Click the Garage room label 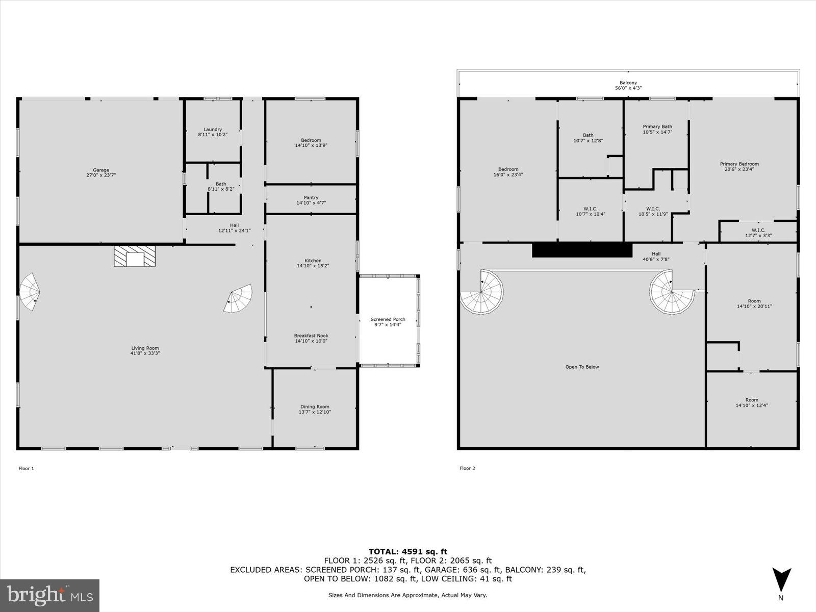tap(101, 170)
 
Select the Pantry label tap(311, 198)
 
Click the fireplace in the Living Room tap(135, 256)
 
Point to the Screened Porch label tap(388, 320)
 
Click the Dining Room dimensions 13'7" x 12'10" tap(315, 412)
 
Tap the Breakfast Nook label tap(311, 336)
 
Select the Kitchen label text tap(313, 261)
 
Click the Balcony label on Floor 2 tap(628, 83)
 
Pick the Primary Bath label tap(657, 126)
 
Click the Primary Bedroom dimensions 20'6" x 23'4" tap(739, 169)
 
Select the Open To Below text tap(582, 367)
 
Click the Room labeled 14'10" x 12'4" tap(752, 403)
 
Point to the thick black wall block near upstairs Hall tap(582, 250)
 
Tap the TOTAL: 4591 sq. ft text tap(407, 551)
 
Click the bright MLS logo tap(49, 595)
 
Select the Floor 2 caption tap(467, 468)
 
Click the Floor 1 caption tap(26, 468)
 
